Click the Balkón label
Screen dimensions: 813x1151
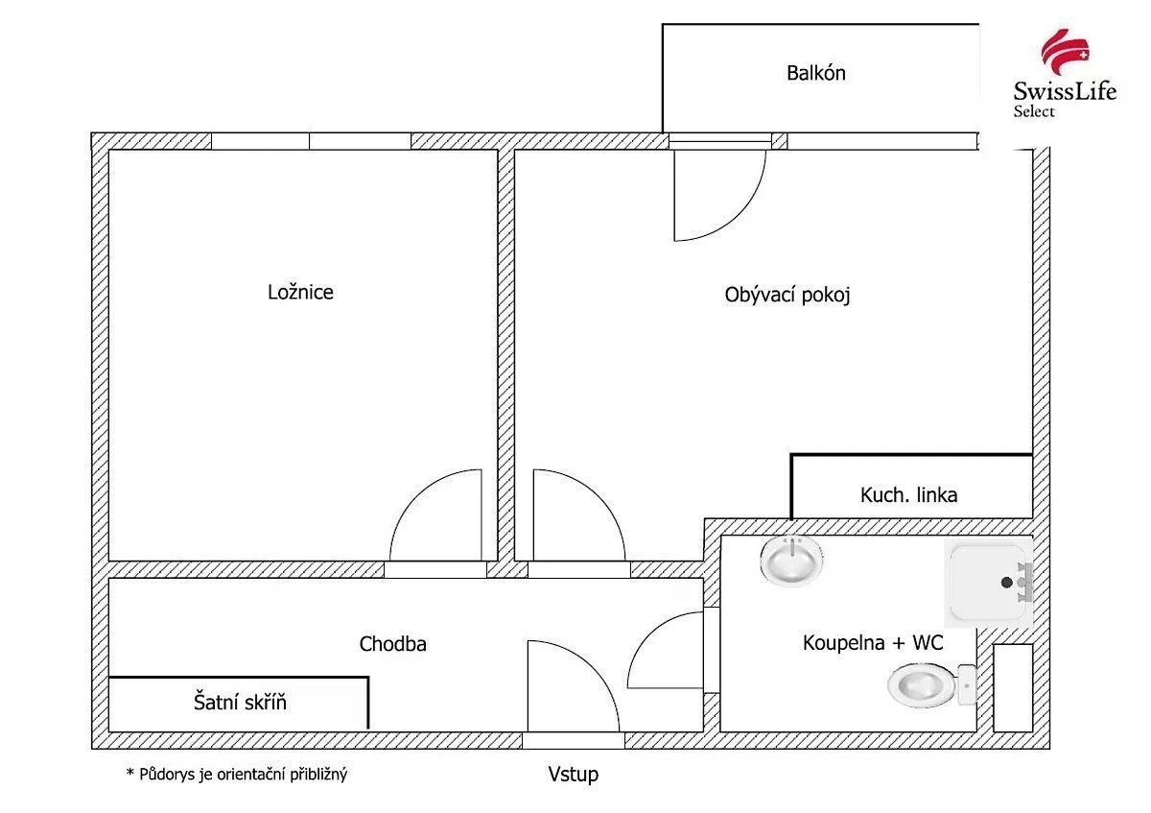[815, 73]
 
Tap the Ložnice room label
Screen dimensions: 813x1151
[300, 292]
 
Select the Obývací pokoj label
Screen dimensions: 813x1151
[787, 295]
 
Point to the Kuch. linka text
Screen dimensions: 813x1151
[908, 495]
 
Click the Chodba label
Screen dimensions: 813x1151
[392, 644]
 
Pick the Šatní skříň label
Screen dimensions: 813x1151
[240, 703]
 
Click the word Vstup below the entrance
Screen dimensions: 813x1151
[574, 774]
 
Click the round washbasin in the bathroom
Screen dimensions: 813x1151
[792, 559]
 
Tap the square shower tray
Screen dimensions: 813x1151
[986, 583]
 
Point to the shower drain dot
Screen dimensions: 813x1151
[1006, 583]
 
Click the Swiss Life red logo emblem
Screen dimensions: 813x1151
[1065, 54]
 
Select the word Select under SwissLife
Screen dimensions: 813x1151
[1034, 111]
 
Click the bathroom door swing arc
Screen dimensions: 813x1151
[665, 651]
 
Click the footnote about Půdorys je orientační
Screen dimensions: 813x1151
[236, 774]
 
